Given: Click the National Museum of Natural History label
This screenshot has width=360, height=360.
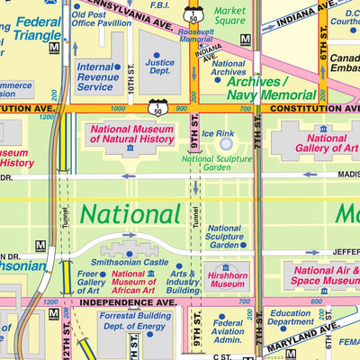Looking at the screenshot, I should pos(131,134).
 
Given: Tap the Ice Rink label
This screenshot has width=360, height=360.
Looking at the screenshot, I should pos(218,133).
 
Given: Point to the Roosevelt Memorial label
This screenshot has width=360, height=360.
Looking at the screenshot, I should pos(195,36).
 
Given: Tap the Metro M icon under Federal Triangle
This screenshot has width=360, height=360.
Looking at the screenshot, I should pos(54,47).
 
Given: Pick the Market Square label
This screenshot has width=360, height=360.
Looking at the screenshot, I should pos(229,15).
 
